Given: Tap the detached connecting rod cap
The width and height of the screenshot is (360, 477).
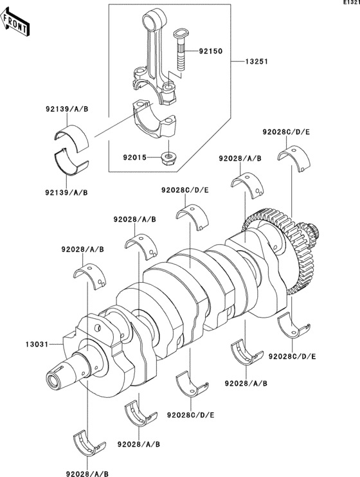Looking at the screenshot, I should tap(156, 118).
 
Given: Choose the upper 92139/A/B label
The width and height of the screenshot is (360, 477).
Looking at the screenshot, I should tap(67, 109).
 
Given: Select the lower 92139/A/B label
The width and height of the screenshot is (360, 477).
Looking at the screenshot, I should tap(67, 192).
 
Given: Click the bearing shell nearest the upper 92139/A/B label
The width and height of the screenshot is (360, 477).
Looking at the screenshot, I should tap(72, 138).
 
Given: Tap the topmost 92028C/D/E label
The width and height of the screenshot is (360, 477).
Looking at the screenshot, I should tap(286, 132).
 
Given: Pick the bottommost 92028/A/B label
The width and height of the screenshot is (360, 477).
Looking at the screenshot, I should tap(87, 474).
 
